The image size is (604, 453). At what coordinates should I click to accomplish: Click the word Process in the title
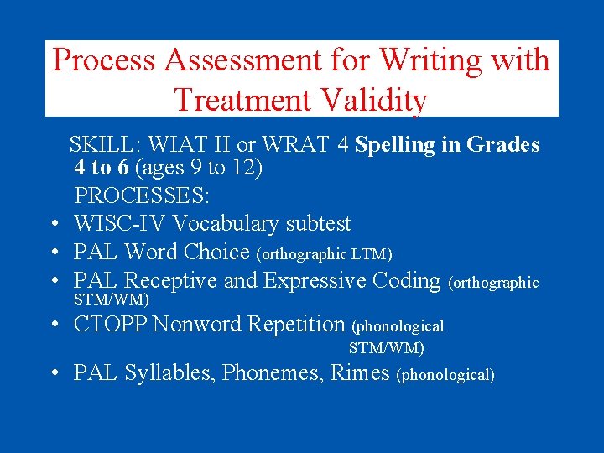103,60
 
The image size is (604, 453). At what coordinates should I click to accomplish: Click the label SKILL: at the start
99,145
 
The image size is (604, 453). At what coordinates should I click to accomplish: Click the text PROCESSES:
143,195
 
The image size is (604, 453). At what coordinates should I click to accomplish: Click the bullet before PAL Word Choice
53,253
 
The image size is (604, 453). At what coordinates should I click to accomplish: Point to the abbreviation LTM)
374,253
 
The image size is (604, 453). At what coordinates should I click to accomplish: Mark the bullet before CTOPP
53,324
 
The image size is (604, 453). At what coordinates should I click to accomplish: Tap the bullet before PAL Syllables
53,372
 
